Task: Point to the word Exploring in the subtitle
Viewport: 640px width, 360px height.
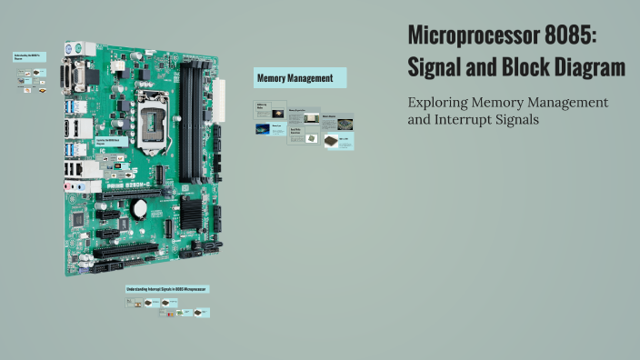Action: (439, 103)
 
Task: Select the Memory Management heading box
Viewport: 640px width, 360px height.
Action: (300, 78)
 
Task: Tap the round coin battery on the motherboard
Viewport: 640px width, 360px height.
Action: (140, 206)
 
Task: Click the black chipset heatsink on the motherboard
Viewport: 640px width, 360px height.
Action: (192, 212)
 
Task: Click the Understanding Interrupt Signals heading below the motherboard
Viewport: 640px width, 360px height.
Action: (167, 289)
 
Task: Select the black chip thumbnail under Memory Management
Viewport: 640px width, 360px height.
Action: (314, 139)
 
